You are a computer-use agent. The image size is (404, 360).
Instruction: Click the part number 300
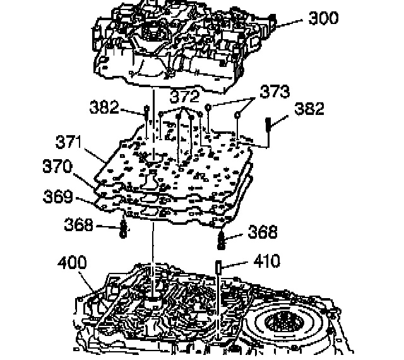[x=323, y=18]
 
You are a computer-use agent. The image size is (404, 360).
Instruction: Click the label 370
[x=59, y=167]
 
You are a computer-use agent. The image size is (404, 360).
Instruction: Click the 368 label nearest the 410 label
[x=261, y=232]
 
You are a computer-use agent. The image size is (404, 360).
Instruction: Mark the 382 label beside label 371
[x=104, y=107]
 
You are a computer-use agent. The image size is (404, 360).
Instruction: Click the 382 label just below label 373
[x=309, y=109]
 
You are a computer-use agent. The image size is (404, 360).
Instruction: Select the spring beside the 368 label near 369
[x=124, y=229]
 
